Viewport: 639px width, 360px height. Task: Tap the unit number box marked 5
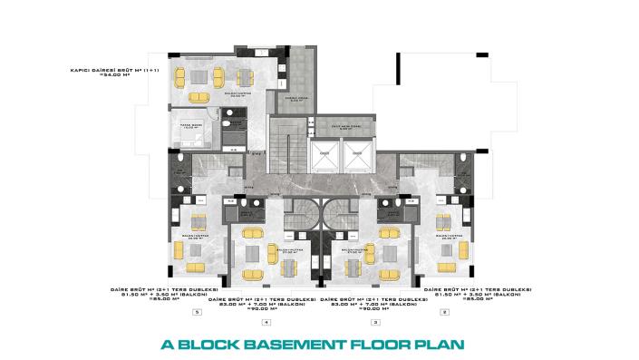[197, 312]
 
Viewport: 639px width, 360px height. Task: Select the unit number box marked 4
[266, 322]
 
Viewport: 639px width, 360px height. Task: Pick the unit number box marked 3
[375, 322]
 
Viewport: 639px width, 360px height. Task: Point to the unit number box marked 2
[444, 312]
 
